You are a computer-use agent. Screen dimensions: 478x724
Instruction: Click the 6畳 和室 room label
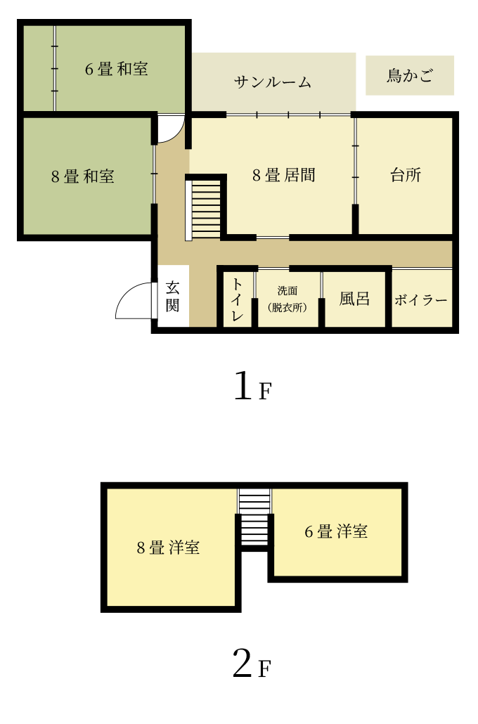117,69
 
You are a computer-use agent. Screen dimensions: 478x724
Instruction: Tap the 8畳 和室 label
83,176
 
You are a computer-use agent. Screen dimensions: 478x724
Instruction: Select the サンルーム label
273,82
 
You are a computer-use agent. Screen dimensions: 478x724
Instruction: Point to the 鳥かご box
410,75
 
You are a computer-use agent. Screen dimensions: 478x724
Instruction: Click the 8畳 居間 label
283,175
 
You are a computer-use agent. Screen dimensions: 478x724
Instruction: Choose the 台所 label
406,175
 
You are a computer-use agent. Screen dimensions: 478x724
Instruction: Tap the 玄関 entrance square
173,296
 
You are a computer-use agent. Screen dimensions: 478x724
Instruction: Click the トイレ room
238,299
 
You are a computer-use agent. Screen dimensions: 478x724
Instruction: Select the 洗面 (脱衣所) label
288,299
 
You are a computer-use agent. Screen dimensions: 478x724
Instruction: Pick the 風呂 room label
354,299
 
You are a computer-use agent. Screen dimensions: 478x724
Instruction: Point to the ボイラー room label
421,300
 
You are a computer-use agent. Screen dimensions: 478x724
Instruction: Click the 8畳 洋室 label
168,547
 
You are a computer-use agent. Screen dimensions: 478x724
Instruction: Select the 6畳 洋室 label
336,531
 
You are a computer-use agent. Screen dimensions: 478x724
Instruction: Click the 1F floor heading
252,386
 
